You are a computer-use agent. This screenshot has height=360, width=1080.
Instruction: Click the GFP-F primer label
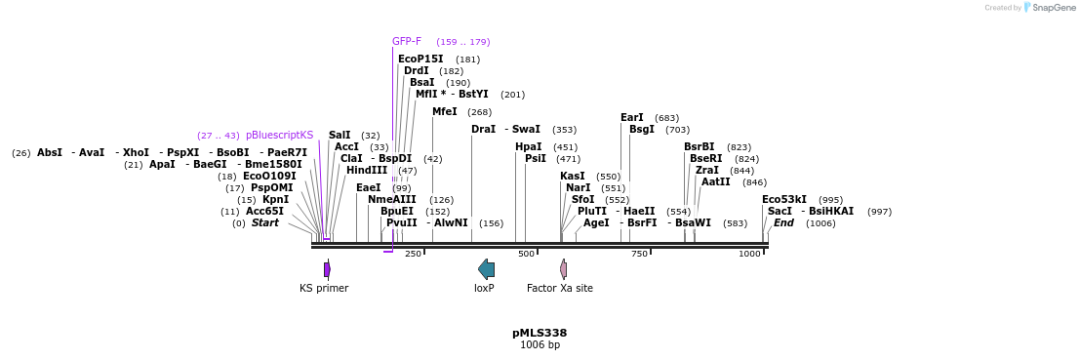point(407,41)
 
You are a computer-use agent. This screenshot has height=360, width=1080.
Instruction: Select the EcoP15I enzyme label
point(420,60)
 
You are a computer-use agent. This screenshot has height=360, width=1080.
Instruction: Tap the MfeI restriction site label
point(445,112)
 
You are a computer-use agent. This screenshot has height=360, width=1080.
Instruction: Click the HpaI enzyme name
point(529,147)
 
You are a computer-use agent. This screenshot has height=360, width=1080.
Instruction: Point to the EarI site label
point(632,118)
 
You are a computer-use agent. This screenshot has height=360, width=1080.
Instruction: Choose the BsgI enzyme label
point(642,130)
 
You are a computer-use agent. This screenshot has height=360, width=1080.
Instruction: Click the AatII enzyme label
point(716,182)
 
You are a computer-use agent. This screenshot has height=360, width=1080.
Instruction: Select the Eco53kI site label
point(784,200)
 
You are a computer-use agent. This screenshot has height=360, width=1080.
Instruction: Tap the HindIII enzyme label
point(367,171)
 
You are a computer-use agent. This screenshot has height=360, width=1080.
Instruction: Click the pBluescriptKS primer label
point(280,136)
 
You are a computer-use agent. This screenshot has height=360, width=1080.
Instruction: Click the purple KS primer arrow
point(327,269)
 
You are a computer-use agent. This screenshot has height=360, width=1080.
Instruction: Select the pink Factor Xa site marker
point(563,269)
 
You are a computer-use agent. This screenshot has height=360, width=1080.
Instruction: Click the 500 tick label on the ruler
point(527,254)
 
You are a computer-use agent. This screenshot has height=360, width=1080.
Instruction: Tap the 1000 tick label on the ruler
point(749,254)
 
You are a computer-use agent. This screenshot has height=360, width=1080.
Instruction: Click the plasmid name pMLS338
point(540,333)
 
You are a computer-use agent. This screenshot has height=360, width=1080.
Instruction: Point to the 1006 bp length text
point(540,344)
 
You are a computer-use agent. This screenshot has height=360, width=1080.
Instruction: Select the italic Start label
point(265,223)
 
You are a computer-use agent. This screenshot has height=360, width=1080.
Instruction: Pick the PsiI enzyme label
point(536,159)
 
